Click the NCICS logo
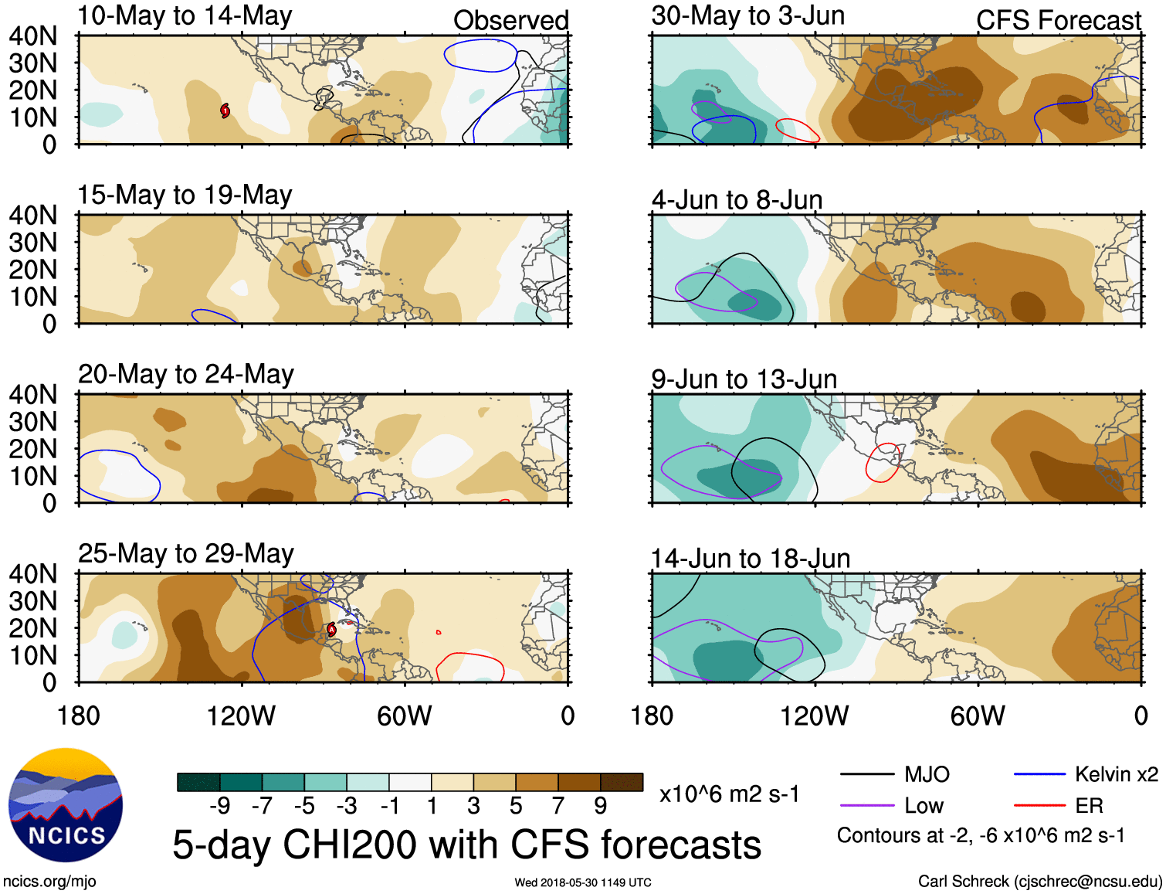point(66,805)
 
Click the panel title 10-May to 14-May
point(185,16)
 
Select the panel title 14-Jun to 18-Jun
point(750,558)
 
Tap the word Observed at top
point(510,20)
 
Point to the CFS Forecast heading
point(1058,20)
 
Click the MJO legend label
point(927,774)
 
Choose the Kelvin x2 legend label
point(1116,774)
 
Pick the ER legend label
point(1089,806)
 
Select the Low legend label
point(924,806)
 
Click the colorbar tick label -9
point(219,806)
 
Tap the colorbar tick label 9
point(600,806)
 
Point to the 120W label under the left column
point(241,716)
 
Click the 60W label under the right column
point(978,716)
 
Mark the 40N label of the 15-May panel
point(33,216)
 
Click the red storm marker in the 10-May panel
point(225,110)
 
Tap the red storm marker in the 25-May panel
point(331,629)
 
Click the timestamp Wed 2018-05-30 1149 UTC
point(583,882)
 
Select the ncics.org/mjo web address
point(49,882)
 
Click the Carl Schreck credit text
point(1039,882)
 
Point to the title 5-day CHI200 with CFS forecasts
point(466,845)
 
